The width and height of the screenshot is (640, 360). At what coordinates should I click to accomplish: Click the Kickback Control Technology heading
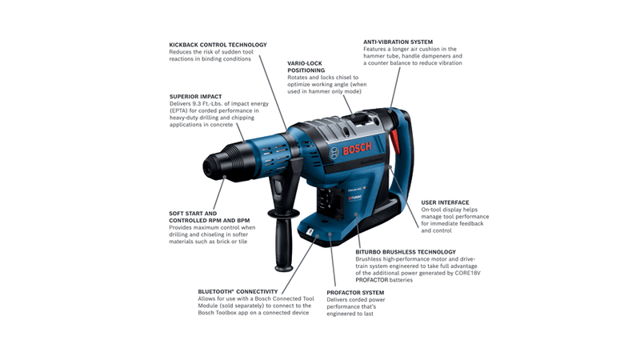point(218,44)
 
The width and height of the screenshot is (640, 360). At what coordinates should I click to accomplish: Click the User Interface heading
point(445,202)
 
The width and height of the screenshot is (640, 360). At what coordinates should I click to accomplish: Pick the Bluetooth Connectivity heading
point(238,291)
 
